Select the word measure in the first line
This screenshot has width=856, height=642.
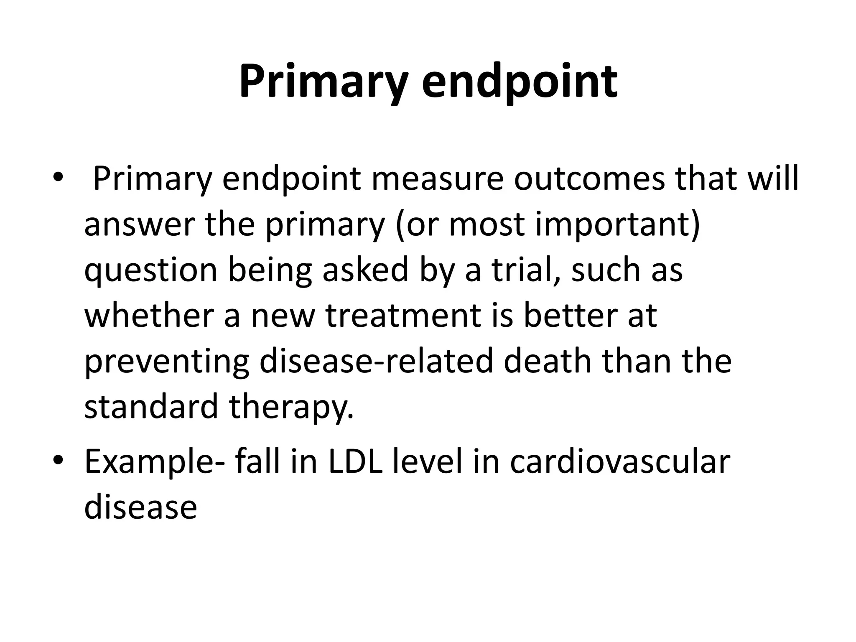pyautogui.click(x=437, y=179)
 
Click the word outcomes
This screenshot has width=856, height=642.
pyautogui.click(x=589, y=179)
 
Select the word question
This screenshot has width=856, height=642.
pyautogui.click(x=151, y=270)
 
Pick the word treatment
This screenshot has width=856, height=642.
pyautogui.click(x=403, y=315)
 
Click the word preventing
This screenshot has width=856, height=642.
pyautogui.click(x=167, y=361)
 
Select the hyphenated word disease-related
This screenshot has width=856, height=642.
pyautogui.click(x=376, y=361)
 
